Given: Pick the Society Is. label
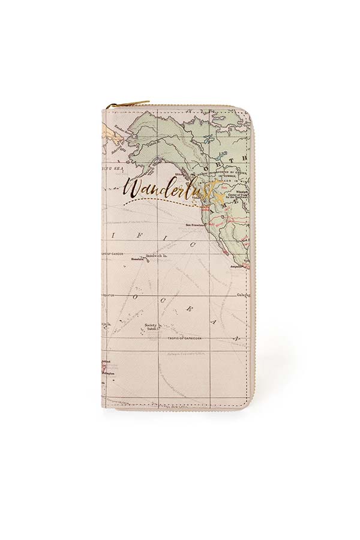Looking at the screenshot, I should point(151,323).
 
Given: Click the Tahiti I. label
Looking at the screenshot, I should point(151,328).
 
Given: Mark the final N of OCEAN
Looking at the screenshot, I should point(237,340).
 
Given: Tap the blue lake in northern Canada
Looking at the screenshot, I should point(208,141).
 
